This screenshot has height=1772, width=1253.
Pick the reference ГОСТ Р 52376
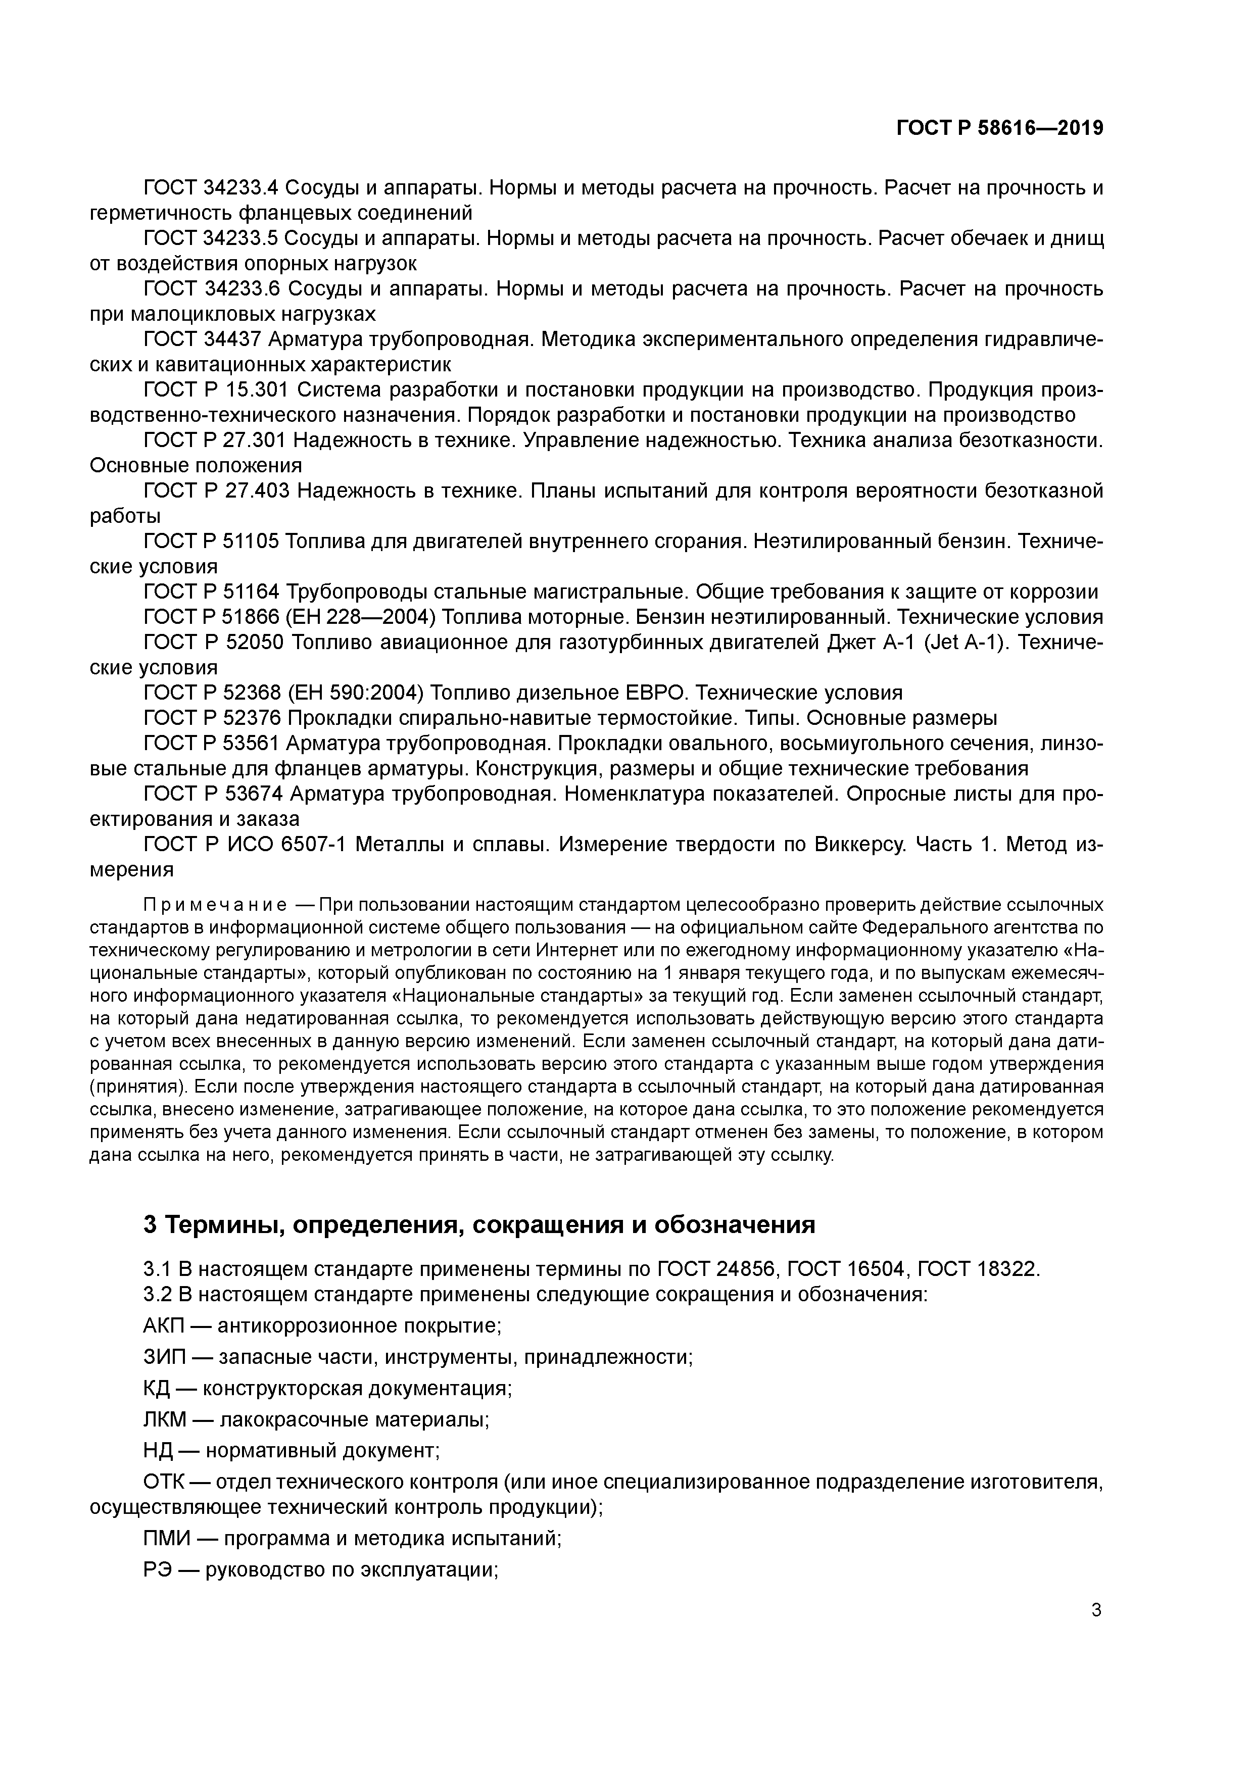212,718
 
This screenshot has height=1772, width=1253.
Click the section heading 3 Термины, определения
478,1225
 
